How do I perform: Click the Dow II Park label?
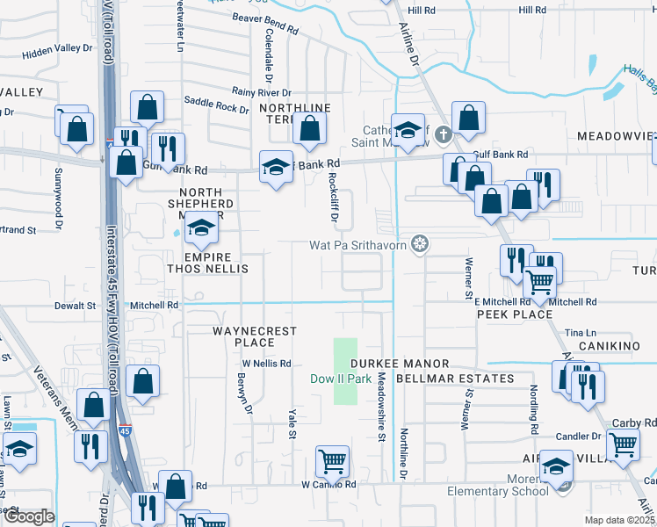click(341, 379)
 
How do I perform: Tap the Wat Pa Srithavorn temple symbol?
click(421, 243)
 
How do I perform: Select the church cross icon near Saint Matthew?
click(444, 135)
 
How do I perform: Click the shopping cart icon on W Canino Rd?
click(332, 460)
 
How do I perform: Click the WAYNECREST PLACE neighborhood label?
click(255, 337)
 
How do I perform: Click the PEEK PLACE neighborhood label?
click(515, 314)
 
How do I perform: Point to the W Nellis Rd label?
click(266, 363)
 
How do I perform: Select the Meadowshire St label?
click(382, 399)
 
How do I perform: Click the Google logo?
click(29, 517)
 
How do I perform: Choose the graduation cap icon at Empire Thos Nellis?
click(201, 231)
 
